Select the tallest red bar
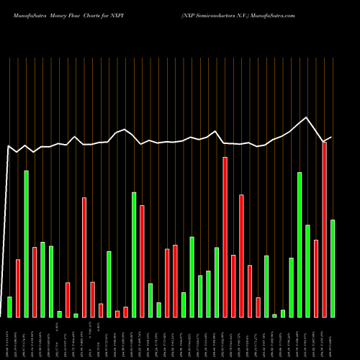click(225, 237)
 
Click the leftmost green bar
click(9, 307)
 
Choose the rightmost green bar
click(333, 268)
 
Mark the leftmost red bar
click(18, 288)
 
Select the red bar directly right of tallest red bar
click(233, 286)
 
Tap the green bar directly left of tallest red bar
click(217, 282)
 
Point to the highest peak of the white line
click(307, 117)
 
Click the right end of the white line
click(331, 137)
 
